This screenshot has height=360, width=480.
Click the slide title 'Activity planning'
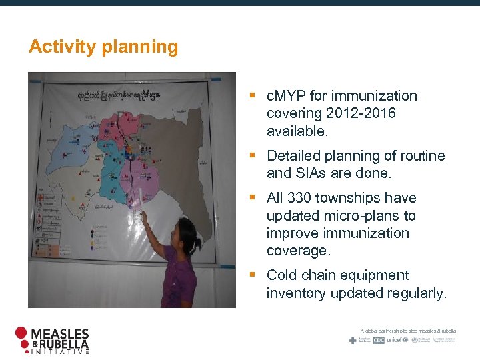pyautogui.click(x=103, y=47)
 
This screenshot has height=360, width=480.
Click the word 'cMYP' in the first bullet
pyautogui.click(x=285, y=96)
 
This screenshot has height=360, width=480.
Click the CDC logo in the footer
pyautogui.click(x=379, y=340)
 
